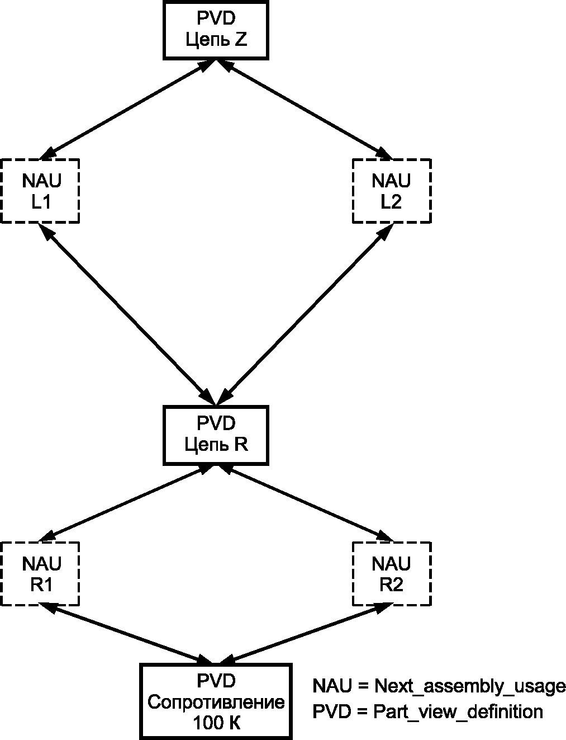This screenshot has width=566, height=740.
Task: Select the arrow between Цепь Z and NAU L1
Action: pyautogui.click(x=127, y=110)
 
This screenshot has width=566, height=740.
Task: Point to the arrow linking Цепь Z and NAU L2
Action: pyautogui.click(x=305, y=110)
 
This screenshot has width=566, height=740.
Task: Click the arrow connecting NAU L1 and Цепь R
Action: pyautogui.click(x=127, y=314)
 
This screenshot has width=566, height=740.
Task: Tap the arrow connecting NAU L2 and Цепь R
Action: pyautogui.click(x=305, y=314)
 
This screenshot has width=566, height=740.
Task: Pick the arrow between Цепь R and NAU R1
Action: pyautogui.click(x=127, y=503)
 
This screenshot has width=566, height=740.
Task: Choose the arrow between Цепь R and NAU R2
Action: pyautogui.click(x=305, y=503)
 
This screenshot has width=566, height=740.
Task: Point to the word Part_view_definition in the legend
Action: pyautogui.click(x=458, y=713)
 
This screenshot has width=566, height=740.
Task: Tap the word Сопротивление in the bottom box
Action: pyautogui.click(x=216, y=703)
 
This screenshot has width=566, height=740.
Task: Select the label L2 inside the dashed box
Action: pyautogui.click(x=391, y=202)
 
